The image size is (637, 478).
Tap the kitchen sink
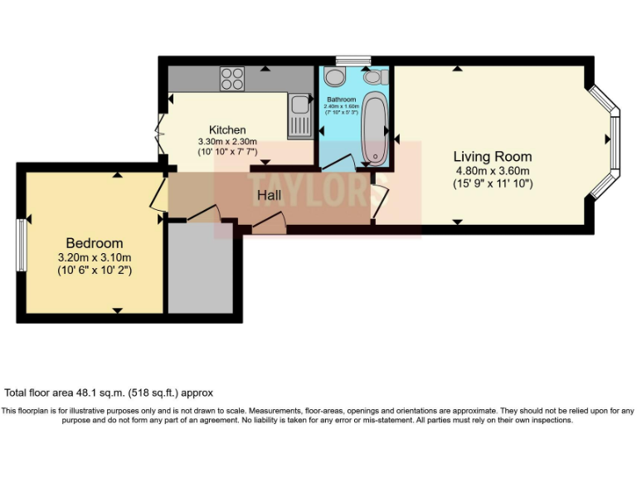point(299,115)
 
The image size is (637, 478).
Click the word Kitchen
point(227,130)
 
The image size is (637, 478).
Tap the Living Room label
point(493,156)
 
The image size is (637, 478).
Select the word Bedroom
point(95,243)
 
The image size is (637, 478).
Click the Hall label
point(269,196)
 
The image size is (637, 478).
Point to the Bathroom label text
point(341,100)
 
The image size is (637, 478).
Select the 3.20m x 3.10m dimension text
point(95,257)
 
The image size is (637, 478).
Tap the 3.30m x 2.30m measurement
point(227,141)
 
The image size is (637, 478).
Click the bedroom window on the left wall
point(21,245)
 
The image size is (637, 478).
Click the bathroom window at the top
point(353,61)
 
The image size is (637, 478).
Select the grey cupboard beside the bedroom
point(202,266)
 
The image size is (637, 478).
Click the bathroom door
point(338,163)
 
